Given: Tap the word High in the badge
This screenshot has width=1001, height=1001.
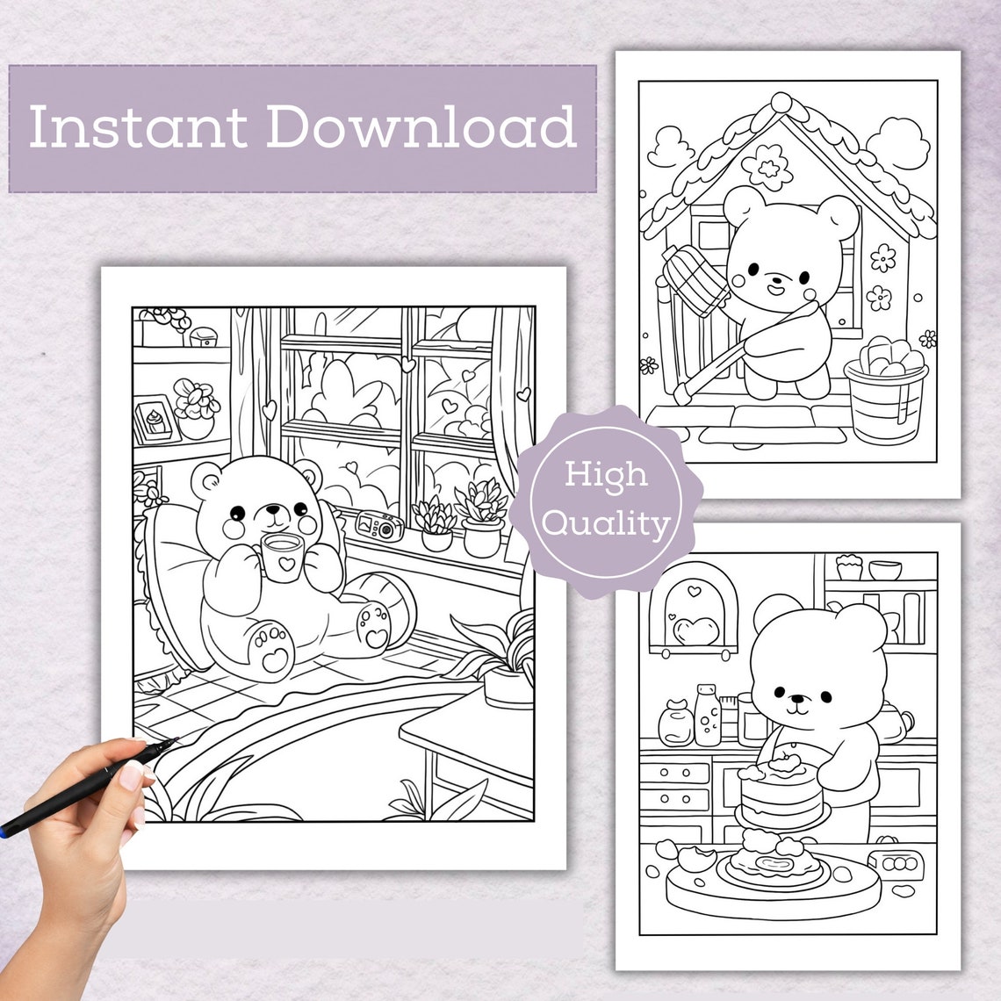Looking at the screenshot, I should coord(605,474).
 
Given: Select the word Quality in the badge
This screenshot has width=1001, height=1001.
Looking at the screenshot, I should coord(605,523).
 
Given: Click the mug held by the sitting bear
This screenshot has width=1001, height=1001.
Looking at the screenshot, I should coord(282,558).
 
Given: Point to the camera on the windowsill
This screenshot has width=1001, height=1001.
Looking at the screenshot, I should coord(379,525).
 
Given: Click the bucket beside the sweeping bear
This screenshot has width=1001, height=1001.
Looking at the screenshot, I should coord(885,400).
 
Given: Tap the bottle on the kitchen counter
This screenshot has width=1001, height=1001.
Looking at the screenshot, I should coord(707,716).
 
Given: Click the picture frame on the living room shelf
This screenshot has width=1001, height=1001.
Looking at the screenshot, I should coord(155,422).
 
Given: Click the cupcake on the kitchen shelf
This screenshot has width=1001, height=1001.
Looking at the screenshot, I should coord(848,566).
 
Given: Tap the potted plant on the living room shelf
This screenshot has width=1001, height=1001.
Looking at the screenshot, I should coord(196,409).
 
